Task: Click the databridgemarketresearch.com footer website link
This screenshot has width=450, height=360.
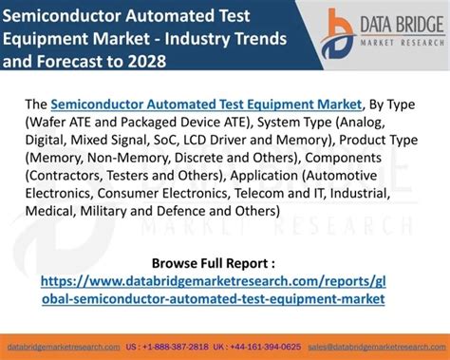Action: (64, 348)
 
